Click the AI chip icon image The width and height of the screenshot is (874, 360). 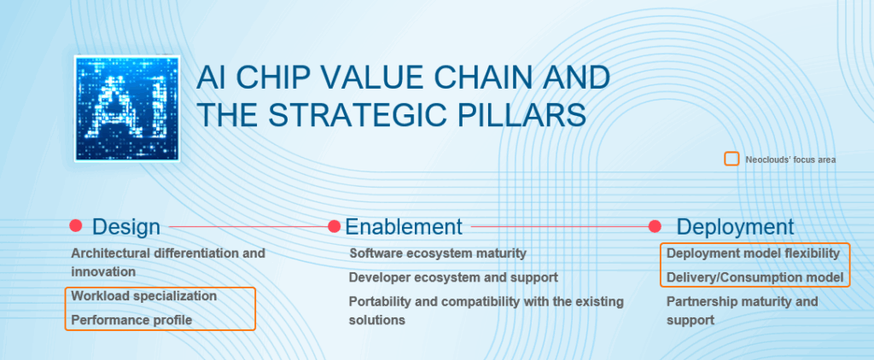point(127,108)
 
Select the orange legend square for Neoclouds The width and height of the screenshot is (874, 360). point(731,159)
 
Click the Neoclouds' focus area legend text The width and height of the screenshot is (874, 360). point(790,160)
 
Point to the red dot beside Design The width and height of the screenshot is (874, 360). point(76,226)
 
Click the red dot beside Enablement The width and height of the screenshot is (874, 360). point(334,226)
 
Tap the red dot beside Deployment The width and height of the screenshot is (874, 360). point(655,226)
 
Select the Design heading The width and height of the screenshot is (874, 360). point(126,227)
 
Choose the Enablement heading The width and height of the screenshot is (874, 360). point(404,227)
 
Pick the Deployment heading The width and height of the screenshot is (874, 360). point(735,228)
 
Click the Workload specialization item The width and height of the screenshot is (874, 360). point(143,296)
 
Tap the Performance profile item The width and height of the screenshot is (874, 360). point(131,321)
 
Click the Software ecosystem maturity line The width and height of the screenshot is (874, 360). point(438,253)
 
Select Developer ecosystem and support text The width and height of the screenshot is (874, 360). point(453,277)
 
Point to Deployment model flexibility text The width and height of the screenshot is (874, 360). point(753,253)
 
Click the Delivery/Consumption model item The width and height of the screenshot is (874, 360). point(755,277)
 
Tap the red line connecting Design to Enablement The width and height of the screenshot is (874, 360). point(248,227)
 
